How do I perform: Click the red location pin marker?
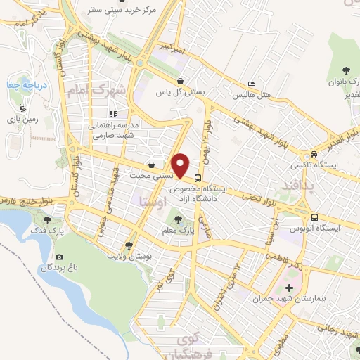(x=181, y=165)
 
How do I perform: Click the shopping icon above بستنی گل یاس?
(x=181, y=81)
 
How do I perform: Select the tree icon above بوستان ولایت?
(x=129, y=245)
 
